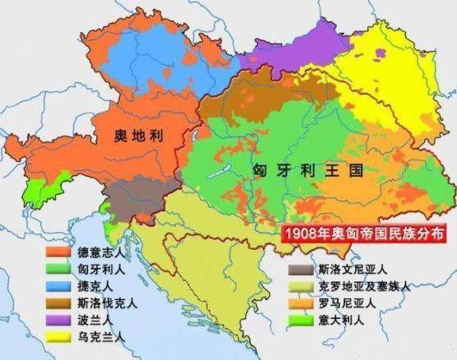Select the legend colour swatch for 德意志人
pyautogui.click(x=57, y=252)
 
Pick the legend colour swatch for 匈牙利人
pyautogui.click(x=57, y=269)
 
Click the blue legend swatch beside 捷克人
pyautogui.click(x=57, y=286)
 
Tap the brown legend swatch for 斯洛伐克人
pyautogui.click(x=57, y=303)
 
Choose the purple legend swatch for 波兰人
pyautogui.click(x=57, y=321)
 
